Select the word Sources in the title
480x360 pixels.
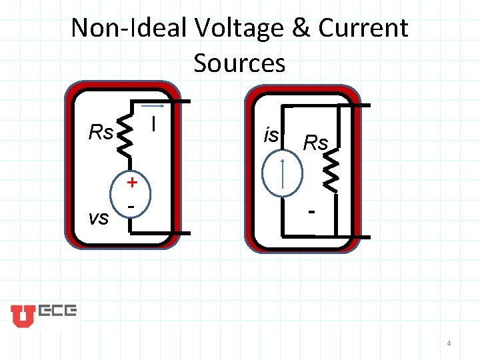click(239, 63)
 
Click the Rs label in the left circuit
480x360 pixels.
click(101, 133)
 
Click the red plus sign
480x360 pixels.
click(133, 182)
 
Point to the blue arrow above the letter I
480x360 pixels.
click(154, 106)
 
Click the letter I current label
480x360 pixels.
click(154, 124)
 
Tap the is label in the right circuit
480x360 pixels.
click(271, 135)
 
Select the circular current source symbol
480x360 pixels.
click(283, 176)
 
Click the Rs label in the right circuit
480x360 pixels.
click(315, 142)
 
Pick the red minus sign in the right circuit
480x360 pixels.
click(311, 213)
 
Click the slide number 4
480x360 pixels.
click(449, 343)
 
